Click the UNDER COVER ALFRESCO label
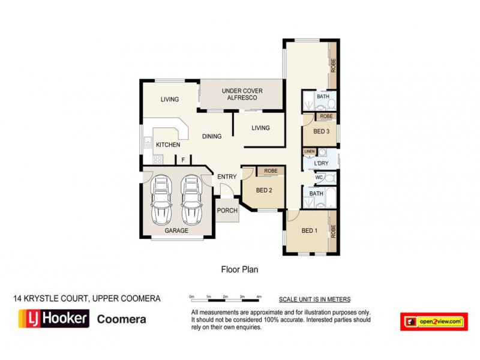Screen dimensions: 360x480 (x=240, y=94)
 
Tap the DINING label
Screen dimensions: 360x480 (x=212, y=136)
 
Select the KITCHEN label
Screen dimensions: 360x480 (x=168, y=145)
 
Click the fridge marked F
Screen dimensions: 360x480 (x=183, y=160)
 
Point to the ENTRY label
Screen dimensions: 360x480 (x=227, y=176)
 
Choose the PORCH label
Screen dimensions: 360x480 (x=227, y=211)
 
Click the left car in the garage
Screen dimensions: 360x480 (x=161, y=199)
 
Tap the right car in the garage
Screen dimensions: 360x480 (x=190, y=199)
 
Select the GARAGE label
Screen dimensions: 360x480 (x=176, y=230)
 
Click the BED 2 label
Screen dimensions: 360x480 (x=264, y=191)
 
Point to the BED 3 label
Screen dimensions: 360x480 (x=321, y=131)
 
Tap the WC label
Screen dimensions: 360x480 (x=319, y=178)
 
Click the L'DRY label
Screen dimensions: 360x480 (x=321, y=163)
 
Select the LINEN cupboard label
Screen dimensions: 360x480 (x=310, y=151)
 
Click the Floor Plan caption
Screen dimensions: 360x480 (x=240, y=270)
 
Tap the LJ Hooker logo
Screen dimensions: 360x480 (x=54, y=319)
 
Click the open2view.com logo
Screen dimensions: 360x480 (x=433, y=322)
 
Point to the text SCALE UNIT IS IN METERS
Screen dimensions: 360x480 (x=314, y=299)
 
